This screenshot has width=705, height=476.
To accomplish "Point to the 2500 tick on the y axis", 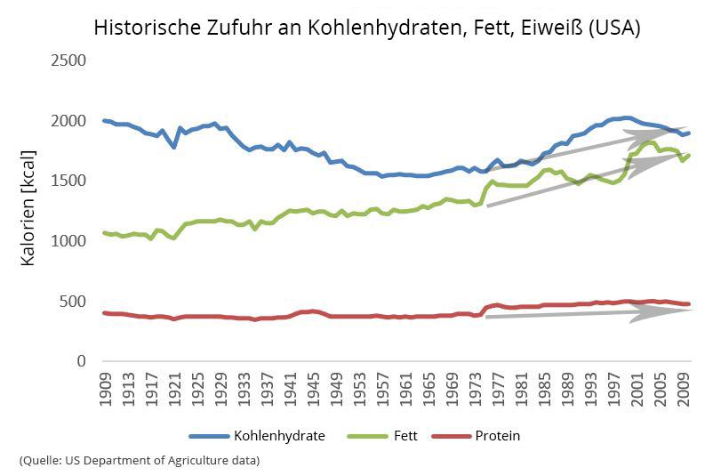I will [68, 61].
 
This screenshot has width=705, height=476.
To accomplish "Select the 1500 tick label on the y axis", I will [68, 181].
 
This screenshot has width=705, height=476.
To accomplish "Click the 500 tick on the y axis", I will [74, 301].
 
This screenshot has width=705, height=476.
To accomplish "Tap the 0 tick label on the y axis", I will [81, 361].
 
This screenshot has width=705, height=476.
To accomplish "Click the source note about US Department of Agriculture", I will [140, 460].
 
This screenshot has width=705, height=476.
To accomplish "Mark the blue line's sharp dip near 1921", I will [174, 147].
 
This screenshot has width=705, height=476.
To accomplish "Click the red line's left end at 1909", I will [105, 313].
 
